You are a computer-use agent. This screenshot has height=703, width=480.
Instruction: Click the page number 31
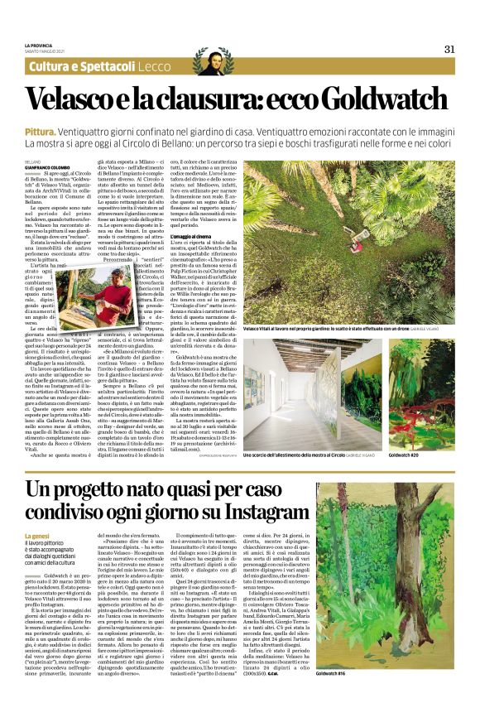click(449, 49)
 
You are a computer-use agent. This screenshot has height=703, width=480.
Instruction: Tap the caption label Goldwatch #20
click(404, 455)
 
